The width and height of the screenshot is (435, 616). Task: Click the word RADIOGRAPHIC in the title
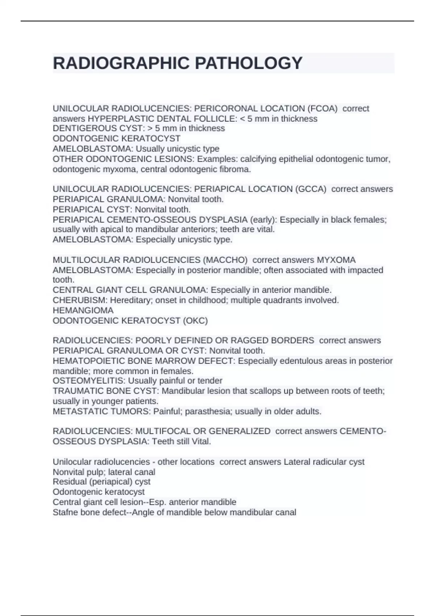(121, 63)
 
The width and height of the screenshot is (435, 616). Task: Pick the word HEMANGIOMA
(83, 311)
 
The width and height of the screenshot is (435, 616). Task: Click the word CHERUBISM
(80, 300)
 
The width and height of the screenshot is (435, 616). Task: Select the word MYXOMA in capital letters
(336, 260)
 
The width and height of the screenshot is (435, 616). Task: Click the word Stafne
(65, 512)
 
